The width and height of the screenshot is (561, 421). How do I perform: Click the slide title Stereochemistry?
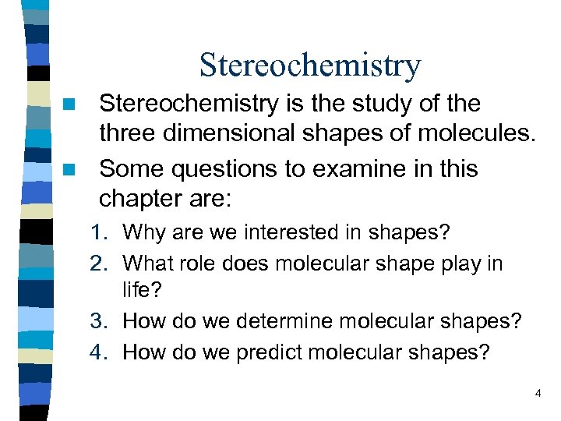pos(309,65)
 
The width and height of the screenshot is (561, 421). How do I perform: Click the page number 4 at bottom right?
pos(538,394)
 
